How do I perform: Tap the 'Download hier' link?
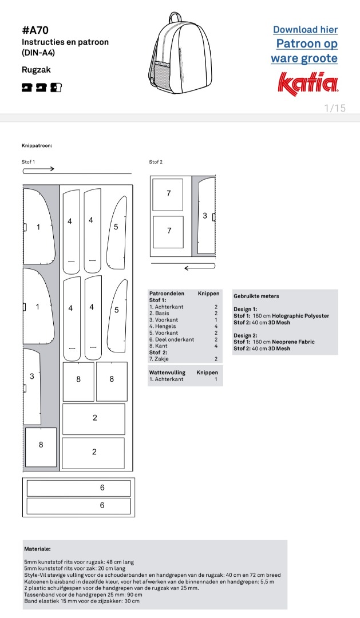point(305,30)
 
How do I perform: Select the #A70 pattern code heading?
point(35,30)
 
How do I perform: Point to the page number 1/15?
point(335,108)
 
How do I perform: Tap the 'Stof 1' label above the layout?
point(29,162)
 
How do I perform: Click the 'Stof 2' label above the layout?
point(156,162)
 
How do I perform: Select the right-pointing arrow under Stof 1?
point(39,169)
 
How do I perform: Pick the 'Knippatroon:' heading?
point(37,146)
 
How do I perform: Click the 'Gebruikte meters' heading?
point(256,296)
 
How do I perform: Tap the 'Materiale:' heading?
point(37,549)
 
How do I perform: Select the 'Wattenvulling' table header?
point(167,373)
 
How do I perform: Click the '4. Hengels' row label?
point(163,326)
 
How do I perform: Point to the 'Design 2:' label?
point(246,335)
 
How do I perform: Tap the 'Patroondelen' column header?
point(167,294)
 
